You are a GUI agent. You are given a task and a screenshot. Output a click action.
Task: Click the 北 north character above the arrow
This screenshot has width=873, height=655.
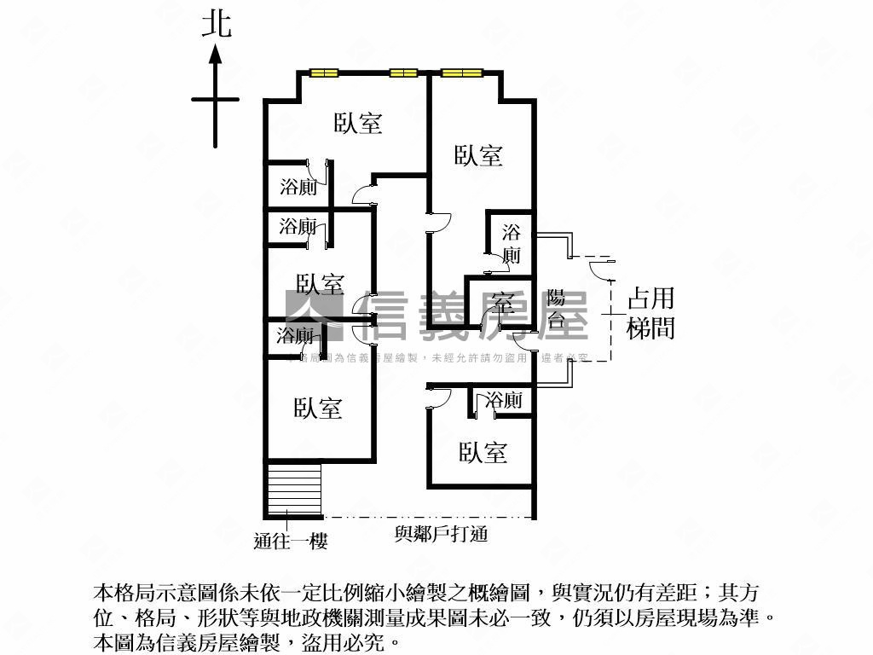tap(217, 24)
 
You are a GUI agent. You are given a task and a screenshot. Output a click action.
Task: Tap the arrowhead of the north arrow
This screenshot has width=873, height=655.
tap(216, 55)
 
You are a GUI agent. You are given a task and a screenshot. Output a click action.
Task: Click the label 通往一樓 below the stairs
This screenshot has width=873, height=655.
tap(291, 540)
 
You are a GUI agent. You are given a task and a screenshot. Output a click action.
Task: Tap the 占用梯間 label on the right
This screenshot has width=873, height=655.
tap(650, 313)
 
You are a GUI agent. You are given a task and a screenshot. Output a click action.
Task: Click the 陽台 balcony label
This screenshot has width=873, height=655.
tap(556, 308)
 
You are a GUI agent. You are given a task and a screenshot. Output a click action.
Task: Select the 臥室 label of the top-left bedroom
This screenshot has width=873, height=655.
tap(357, 124)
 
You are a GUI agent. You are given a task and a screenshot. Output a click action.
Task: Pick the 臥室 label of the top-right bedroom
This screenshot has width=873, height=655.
tap(478, 155)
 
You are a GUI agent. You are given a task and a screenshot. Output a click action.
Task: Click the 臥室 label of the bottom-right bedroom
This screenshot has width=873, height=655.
tap(483, 453)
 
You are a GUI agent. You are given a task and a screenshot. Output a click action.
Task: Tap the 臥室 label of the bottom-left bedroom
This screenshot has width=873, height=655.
tap(318, 409)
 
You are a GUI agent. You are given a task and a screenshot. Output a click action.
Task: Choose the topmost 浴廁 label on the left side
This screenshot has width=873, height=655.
tap(298, 187)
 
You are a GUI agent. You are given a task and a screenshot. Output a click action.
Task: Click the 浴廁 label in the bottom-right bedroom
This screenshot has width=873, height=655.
tap(503, 400)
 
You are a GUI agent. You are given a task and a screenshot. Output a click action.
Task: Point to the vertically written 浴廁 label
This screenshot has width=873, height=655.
tap(511, 242)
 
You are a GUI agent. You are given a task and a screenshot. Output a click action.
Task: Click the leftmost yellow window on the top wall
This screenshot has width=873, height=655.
tap(324, 72)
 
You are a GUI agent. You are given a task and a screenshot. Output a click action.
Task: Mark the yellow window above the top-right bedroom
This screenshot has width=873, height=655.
tap(462, 72)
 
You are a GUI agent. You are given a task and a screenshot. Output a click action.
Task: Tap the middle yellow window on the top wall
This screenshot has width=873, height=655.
tap(402, 72)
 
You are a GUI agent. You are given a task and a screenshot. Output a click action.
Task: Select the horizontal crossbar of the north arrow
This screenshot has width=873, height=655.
tap(215, 100)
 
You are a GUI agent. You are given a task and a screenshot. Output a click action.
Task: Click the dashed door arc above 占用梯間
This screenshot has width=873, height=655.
tap(600, 267)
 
